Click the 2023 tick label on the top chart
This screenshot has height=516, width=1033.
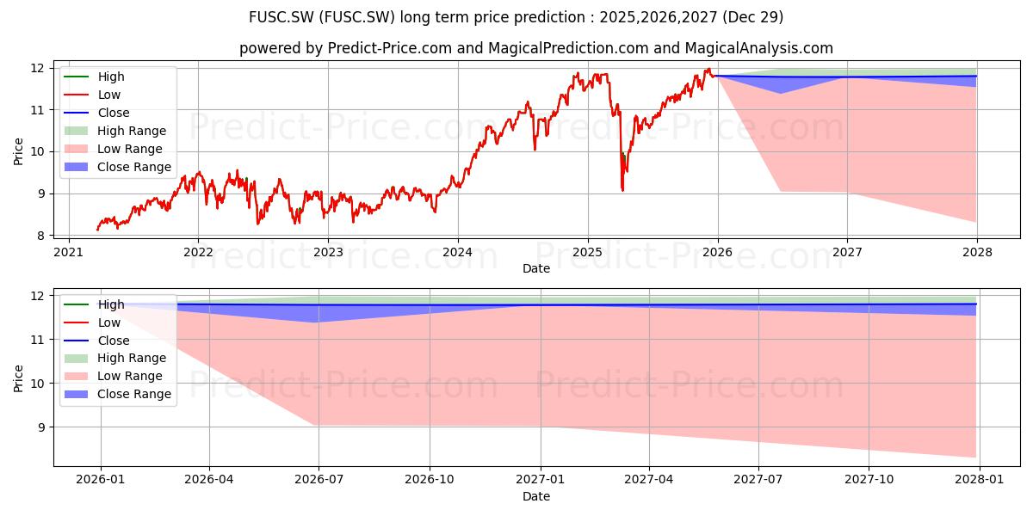[328, 253]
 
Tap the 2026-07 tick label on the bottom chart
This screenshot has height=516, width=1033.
[319, 480]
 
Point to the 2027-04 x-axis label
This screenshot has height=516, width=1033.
[649, 480]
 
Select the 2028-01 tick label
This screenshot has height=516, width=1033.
[980, 480]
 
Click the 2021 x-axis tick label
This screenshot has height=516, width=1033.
[69, 253]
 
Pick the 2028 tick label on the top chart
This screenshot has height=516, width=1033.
[977, 253]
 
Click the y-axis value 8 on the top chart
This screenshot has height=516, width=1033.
[41, 236]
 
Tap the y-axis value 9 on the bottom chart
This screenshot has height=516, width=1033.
[41, 427]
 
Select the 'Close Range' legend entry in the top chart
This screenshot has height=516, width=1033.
[118, 167]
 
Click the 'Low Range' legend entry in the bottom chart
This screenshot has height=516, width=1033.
[114, 376]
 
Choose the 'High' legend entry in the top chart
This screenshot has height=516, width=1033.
[94, 77]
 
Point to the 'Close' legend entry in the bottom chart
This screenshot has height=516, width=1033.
[96, 341]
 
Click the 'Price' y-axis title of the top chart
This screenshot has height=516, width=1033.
[18, 151]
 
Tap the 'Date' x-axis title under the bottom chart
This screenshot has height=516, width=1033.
[535, 496]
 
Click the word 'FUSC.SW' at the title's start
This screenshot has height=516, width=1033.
[281, 17]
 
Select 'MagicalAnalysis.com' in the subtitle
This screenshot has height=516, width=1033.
[758, 48]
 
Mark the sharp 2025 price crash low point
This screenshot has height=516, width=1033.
[622, 190]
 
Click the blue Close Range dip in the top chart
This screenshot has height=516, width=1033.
[780, 93]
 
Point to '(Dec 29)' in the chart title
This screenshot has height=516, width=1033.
[752, 17]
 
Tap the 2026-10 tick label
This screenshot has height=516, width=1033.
[430, 480]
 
